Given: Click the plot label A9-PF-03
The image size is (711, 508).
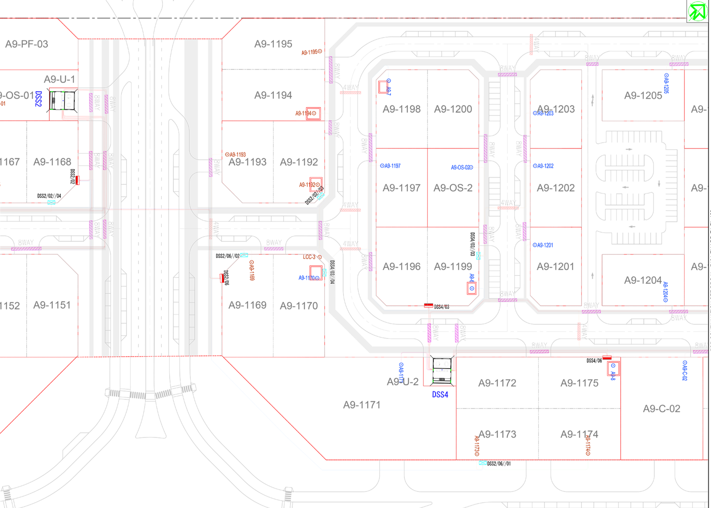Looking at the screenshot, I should pos(26,44).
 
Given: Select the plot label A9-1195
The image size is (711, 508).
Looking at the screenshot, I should pos(273,44).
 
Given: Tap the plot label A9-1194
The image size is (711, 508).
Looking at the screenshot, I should pos(273,95).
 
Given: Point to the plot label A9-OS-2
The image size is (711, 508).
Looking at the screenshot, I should pos(453,188).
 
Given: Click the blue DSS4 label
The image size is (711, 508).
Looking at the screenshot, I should pos(440,395).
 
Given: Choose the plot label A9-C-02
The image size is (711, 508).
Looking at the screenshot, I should pos(661,409).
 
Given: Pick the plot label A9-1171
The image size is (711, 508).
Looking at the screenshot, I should pos(362,405).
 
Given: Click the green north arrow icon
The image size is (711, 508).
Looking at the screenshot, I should pos(698,11).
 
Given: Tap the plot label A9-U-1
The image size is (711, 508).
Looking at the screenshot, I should pos(59,79).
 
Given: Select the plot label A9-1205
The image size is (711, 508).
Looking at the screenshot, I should pos(643,96).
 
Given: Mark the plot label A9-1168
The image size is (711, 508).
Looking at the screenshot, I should pos(52,162).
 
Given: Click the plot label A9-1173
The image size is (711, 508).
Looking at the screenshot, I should pos(497,434).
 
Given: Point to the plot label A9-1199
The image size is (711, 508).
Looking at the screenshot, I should pos(453,267).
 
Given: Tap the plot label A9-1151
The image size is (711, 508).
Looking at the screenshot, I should pos(52,305).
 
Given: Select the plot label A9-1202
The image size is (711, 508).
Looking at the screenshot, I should pos(555,188).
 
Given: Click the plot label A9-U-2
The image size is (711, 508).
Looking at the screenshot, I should pos(403,382).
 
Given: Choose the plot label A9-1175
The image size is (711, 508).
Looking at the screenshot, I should pos(579,383).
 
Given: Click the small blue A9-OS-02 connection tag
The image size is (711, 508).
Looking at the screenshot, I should pos(461,167).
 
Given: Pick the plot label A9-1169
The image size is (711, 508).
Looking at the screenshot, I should pos(247,305).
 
